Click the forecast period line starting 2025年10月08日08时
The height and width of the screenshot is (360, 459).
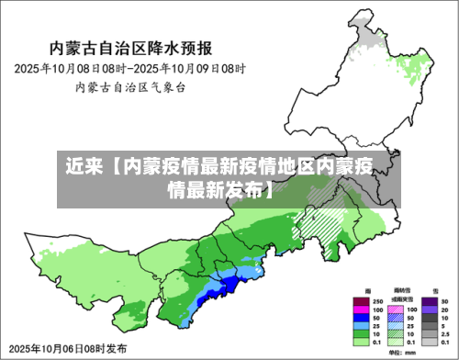coord(130,69)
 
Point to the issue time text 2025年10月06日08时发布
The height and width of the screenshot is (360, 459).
coord(66,349)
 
